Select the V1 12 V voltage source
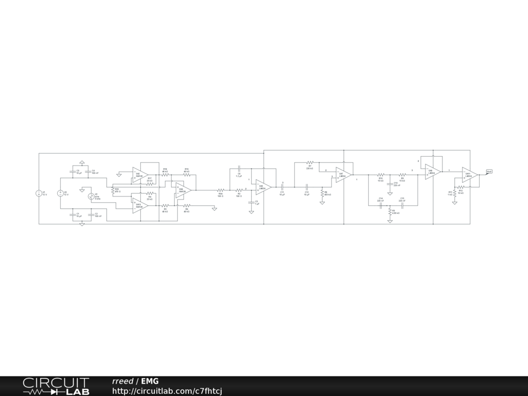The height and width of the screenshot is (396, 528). [x=38, y=193]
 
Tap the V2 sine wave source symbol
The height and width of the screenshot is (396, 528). [x=91, y=196]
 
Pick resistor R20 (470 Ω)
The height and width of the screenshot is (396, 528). [x=112, y=191]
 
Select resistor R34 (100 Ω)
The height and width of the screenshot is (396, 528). [x=220, y=190]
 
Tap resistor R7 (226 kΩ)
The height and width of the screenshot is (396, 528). [x=310, y=162]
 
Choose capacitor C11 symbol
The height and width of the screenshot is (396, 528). [x=282, y=187]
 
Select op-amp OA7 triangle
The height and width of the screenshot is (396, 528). [x=343, y=174]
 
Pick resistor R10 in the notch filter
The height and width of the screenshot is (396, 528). [x=381, y=175]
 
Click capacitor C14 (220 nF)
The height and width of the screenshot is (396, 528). [x=381, y=205]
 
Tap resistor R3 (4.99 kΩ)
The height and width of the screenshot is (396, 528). [x=390, y=211]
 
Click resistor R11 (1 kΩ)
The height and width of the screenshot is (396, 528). [x=454, y=193]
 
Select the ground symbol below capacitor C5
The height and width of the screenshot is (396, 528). [x=251, y=212]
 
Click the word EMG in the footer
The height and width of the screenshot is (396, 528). [x=150, y=382]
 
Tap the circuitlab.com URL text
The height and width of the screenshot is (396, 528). [x=167, y=391]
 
